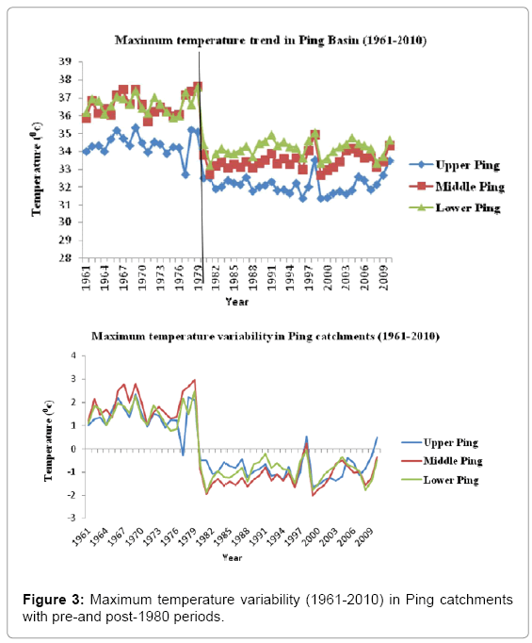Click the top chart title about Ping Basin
(270, 41)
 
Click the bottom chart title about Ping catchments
(266, 337)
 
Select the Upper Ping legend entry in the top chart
(454, 165)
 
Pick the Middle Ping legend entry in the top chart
(457, 187)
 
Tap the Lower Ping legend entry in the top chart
(455, 208)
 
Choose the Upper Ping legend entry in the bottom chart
(440, 442)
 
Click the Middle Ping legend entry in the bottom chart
(442, 461)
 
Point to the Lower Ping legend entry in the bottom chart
(440, 480)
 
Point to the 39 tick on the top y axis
(65, 61)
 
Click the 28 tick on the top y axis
(65, 258)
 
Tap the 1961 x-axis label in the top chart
(86, 277)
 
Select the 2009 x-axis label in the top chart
(383, 277)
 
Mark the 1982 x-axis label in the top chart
(216, 277)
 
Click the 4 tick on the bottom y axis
(73, 355)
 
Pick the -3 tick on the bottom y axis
(73, 518)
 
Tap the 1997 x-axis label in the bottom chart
(293, 537)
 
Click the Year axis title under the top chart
(236, 302)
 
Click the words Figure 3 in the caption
(54, 600)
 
